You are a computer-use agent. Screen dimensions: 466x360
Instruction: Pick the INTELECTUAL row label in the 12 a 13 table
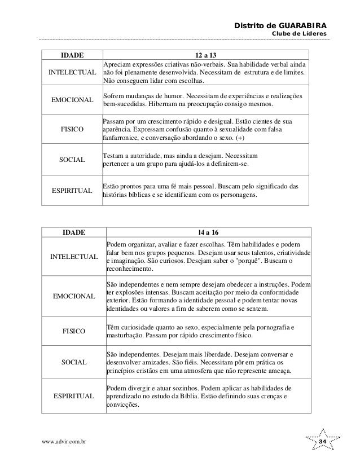tap(72, 73)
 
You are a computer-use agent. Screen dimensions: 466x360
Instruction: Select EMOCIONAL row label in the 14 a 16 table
tap(73, 296)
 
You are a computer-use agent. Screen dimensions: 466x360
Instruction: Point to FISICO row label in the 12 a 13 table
tap(72, 129)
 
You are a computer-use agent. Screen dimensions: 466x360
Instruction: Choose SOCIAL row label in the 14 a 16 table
tap(73, 362)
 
